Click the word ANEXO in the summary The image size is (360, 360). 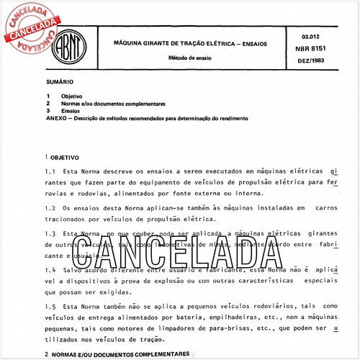click(x=55, y=118)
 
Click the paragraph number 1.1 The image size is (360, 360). click(x=50, y=172)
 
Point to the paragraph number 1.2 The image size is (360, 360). click(x=50, y=207)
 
